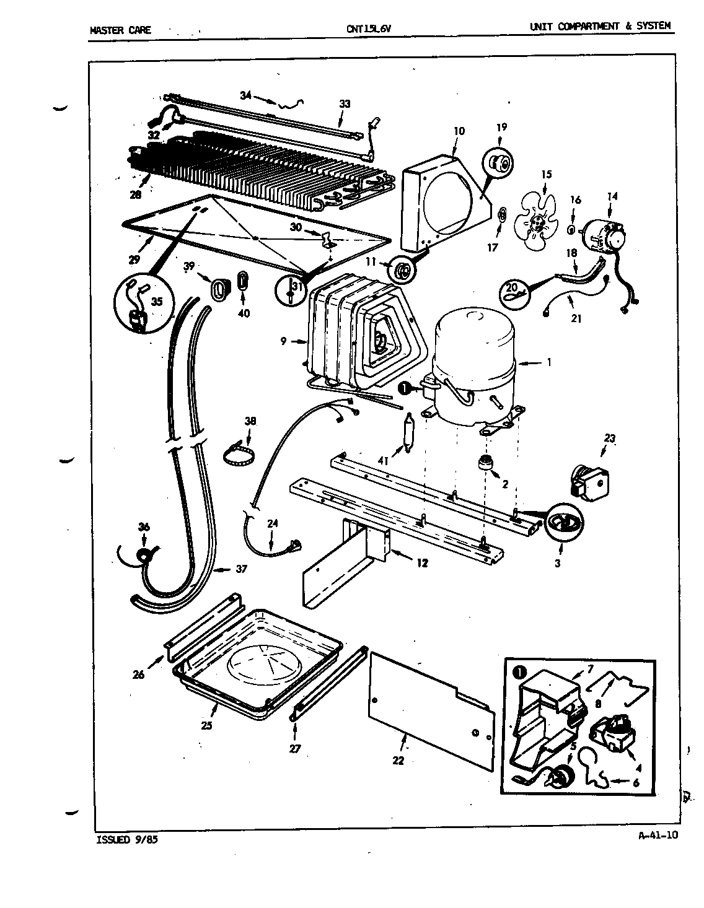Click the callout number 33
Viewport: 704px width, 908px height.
point(345,103)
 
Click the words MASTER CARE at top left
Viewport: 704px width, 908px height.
point(120,29)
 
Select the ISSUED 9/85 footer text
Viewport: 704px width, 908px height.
point(123,840)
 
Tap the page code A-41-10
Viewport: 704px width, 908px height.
point(658,835)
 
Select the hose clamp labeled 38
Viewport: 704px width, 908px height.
point(239,452)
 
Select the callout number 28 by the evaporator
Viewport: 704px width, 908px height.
point(135,194)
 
